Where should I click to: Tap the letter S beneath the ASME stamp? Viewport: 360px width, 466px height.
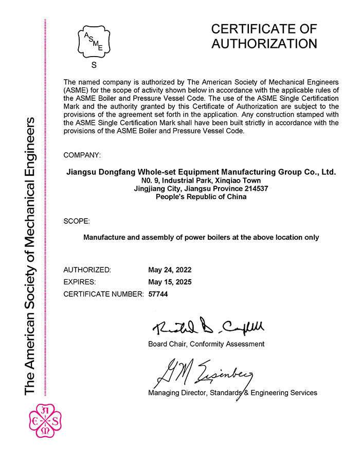point(94,65)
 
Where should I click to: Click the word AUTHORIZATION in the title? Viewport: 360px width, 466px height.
point(264,44)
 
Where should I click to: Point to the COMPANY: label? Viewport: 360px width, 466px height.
point(82,155)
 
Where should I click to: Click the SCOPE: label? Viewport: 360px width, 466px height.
point(77,221)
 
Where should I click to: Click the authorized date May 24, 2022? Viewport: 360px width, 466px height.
point(170,270)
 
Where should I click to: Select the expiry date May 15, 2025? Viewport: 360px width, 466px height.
point(170,282)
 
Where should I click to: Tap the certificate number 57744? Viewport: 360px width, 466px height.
point(158,294)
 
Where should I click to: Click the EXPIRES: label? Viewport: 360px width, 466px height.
point(80,282)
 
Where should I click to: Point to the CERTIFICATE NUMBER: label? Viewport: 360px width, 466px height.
point(103,294)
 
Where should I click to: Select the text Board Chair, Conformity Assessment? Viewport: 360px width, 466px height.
point(206,344)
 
